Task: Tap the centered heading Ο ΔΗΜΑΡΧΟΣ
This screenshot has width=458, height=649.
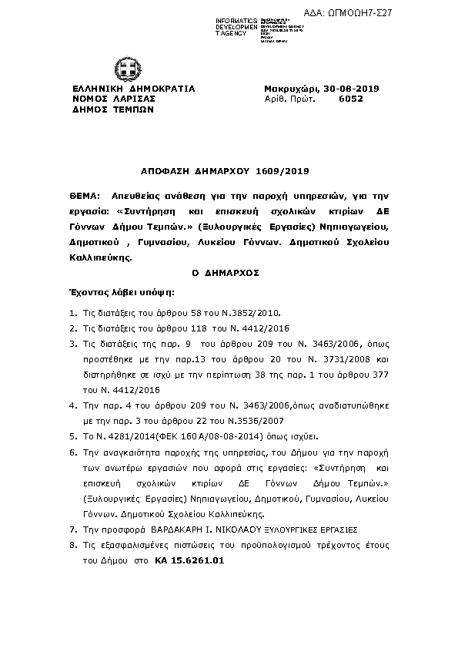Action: pos(228,273)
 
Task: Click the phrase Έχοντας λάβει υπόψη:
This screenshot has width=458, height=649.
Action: pos(121,293)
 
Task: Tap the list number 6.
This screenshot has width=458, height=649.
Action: pos(72,455)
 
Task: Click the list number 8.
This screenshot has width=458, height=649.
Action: pos(72,545)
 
